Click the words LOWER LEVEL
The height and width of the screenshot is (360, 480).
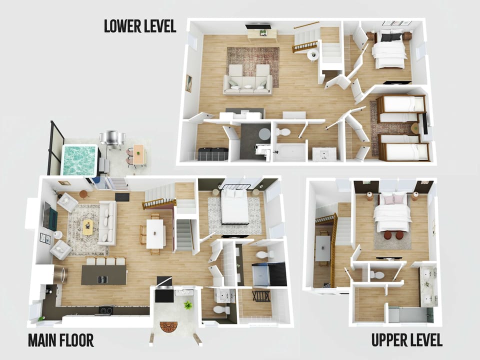click(140, 26)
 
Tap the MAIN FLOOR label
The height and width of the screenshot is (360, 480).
click(60, 340)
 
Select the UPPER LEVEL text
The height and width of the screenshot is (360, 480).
click(406, 340)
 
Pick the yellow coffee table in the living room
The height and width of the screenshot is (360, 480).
click(88, 226)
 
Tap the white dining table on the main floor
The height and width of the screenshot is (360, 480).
click(155, 233)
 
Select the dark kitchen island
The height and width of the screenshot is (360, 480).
click(104, 275)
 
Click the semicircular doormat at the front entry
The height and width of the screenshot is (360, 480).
click(168, 327)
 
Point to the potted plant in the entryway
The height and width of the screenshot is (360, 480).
click(188, 305)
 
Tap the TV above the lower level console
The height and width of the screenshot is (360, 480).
click(258, 26)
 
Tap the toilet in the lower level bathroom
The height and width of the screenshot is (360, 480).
click(282, 132)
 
